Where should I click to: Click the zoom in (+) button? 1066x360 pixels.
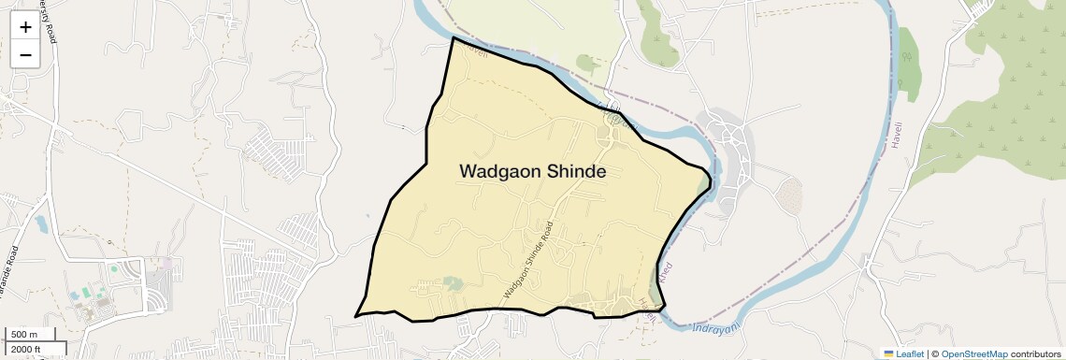point(25,27)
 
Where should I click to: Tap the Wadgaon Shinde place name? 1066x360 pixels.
point(533,172)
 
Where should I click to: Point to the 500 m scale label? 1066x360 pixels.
point(25,335)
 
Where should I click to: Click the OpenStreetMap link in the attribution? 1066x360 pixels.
point(973,353)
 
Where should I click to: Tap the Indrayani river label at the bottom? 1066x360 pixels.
point(718,328)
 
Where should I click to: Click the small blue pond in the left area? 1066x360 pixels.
point(42,224)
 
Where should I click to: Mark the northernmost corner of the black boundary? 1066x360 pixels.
point(454,37)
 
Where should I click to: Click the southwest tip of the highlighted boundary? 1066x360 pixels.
point(356,316)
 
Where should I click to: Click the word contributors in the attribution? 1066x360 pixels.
point(1035,353)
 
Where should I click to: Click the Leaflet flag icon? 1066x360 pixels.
point(889,353)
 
